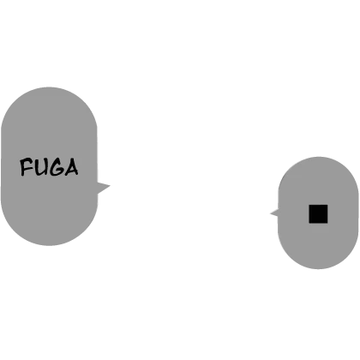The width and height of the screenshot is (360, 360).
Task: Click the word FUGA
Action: point(49,167)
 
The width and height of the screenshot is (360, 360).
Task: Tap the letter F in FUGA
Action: point(27,167)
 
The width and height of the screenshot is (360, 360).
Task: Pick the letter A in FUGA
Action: point(71,167)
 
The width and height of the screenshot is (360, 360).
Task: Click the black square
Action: point(318,213)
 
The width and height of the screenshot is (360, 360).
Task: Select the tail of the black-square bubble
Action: point(274,213)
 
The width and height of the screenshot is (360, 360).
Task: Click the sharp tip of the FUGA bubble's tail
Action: point(111,186)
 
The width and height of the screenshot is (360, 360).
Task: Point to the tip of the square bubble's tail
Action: point(270,213)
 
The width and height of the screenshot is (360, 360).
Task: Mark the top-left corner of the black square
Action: point(309,205)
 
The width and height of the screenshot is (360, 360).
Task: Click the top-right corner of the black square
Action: point(327,205)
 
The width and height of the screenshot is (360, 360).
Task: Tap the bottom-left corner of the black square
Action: point(309,223)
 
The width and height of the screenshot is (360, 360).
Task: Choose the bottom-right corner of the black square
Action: point(327,223)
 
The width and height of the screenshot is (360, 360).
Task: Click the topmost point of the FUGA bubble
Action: point(49,87)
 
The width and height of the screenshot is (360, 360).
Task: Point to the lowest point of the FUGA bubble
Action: point(49,245)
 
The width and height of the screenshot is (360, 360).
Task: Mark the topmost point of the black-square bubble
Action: point(318,157)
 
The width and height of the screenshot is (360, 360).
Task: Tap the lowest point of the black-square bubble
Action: point(318,269)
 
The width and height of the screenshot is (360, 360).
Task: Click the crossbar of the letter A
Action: point(71,170)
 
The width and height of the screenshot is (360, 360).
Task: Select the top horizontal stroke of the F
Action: point(27,160)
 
